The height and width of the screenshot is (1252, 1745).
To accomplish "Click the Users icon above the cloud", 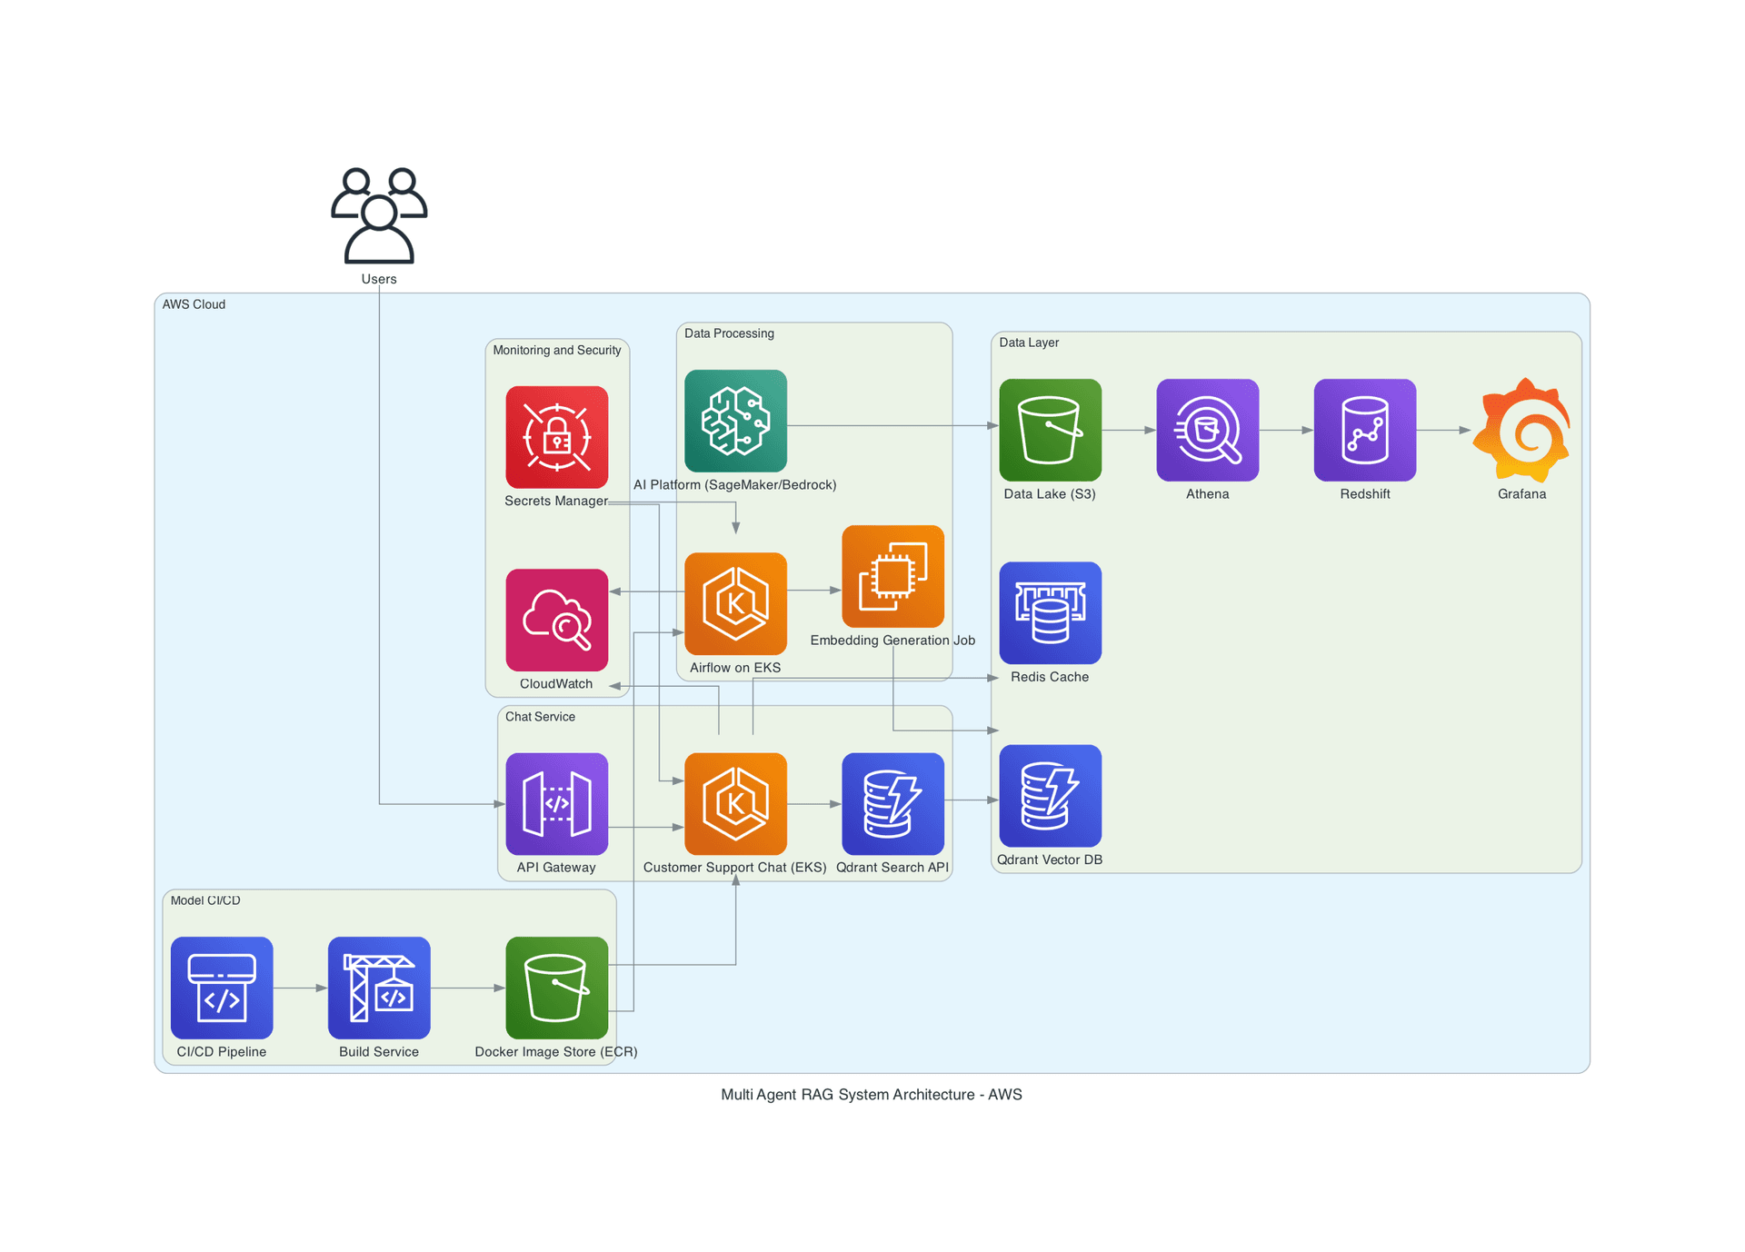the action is coord(379,215).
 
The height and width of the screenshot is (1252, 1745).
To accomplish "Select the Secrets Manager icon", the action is coord(557,437).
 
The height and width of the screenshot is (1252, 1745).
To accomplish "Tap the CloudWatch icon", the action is coord(557,620).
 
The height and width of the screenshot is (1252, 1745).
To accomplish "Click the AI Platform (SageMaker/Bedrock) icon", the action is coord(736,421).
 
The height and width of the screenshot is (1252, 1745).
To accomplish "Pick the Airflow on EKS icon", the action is coord(736,603).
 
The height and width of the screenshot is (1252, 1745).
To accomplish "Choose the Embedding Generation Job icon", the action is coord(893,576).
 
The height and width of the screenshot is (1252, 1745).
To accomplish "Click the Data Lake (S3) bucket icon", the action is coord(1051,430).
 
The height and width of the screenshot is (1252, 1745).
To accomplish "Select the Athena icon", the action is coord(1208,430).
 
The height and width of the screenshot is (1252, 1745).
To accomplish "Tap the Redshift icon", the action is coord(1365,430).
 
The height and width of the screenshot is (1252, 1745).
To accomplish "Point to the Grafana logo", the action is coord(1522,430).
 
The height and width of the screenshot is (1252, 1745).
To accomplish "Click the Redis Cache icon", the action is coord(1051,612).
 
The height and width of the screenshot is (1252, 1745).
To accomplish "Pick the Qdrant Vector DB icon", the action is coord(1051,796).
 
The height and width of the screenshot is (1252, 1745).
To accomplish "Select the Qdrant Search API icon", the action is coord(893,804).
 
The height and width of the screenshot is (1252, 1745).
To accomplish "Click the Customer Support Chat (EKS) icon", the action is coord(736,804).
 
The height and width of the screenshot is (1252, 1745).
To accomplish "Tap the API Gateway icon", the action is coord(557,804).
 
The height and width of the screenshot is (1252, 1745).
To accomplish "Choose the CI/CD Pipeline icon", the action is coord(222,988).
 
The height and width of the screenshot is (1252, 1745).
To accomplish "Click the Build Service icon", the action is coord(379,988).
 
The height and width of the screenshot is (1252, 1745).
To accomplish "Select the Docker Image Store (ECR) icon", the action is coord(557,988).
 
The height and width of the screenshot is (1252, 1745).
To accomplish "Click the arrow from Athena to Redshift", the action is coord(1287,430).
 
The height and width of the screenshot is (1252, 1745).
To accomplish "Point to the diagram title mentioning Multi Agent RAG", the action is coord(872,1095).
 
